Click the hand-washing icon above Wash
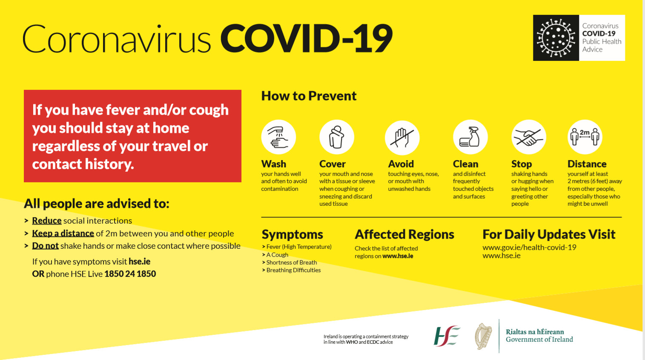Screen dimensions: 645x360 278,137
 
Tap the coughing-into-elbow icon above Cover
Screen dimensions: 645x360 337,137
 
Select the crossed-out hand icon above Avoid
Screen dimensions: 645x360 402,138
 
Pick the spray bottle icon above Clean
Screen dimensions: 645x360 470,137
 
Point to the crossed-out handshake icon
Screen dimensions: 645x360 529,137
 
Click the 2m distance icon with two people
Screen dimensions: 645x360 585,137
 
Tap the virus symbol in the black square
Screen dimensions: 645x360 556,38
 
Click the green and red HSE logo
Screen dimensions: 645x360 447,336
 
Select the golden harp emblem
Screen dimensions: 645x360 484,336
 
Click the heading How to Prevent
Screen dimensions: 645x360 309,96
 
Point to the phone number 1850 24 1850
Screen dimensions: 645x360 130,274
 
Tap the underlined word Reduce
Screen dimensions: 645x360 47,221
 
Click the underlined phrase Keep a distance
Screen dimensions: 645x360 63,233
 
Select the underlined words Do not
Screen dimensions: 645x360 45,246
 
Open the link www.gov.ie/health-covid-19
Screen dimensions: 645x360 529,247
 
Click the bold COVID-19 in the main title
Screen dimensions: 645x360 307,38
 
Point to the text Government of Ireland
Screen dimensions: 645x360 539,340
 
